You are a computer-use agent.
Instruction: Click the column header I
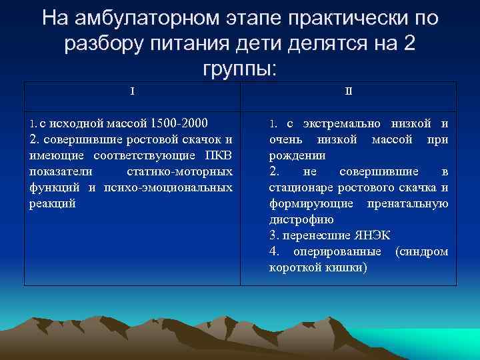click(132, 91)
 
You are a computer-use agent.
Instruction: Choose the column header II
click(349, 91)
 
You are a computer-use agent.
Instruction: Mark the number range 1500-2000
click(179, 123)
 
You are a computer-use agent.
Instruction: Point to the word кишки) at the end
click(346, 267)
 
